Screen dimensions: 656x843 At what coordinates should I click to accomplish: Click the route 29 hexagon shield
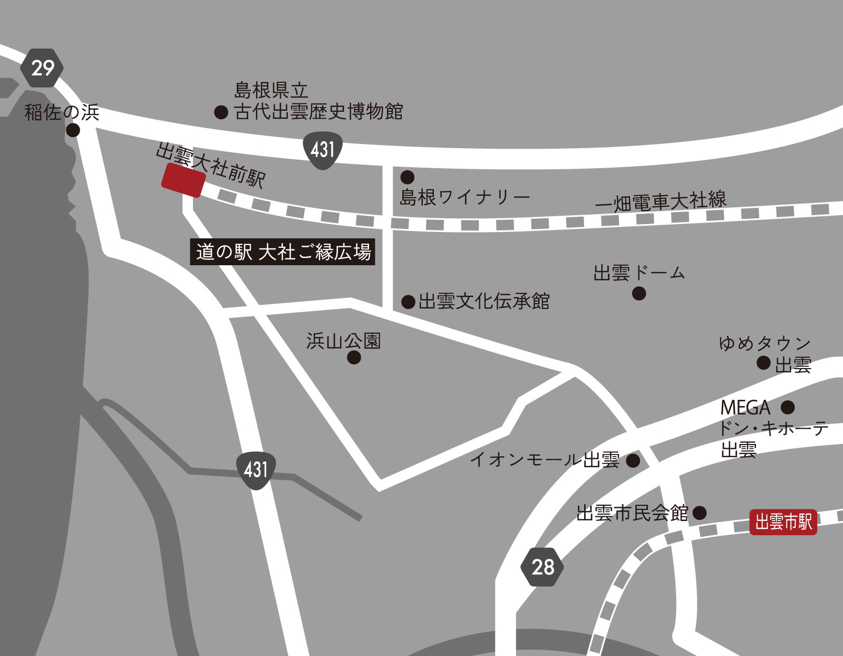coord(42,68)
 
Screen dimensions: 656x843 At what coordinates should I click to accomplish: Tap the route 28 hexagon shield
coord(542,567)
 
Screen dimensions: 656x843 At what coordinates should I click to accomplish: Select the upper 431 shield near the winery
coord(323,150)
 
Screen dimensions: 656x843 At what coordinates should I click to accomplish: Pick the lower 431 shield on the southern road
coord(256,469)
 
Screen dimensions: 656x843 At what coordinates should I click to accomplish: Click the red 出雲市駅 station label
coord(783,522)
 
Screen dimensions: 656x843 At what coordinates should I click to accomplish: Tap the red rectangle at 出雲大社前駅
coord(183,180)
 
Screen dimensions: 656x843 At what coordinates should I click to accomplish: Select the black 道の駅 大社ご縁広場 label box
coord(283,252)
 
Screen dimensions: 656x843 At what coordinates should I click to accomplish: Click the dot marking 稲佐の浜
coord(73,130)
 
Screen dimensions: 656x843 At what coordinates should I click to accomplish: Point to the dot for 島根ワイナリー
coord(408,177)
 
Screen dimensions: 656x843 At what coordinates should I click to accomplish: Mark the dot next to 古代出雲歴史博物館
coord(221,112)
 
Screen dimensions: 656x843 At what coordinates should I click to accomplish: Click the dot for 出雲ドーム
coord(639,293)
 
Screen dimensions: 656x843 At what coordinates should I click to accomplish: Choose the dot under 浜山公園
coord(354,358)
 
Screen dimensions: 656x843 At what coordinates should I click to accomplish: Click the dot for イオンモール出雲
coord(633,460)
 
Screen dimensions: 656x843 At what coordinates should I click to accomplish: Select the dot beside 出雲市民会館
coord(700,513)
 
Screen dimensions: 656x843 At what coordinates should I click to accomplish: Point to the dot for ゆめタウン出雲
coord(763,363)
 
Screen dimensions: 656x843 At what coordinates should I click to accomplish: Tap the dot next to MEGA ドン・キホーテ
coord(788,407)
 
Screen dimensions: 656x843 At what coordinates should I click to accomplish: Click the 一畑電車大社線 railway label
coord(661,201)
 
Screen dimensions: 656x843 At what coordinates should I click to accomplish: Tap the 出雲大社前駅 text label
coord(211,165)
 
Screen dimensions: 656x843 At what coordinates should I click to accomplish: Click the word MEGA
coord(745,408)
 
